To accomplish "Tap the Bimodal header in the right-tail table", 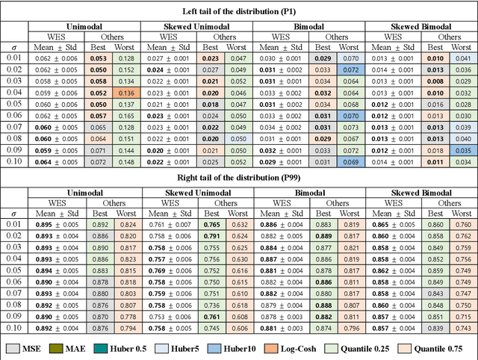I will [x=308, y=193].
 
